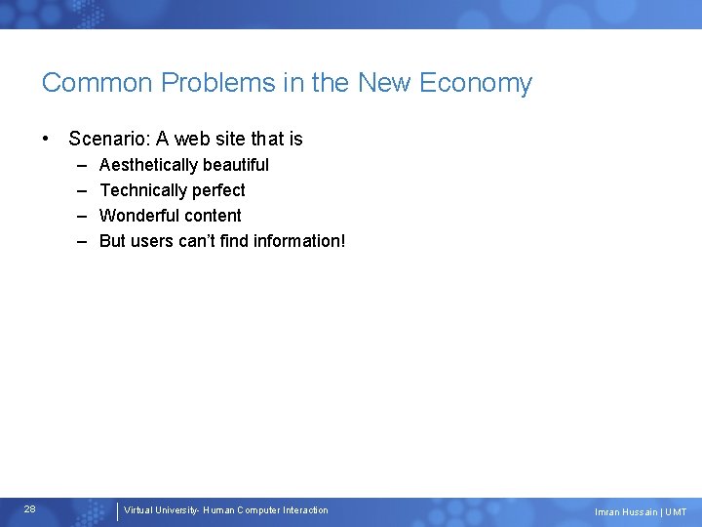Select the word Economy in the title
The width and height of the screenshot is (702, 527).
point(476,84)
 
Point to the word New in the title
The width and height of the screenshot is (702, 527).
point(384,83)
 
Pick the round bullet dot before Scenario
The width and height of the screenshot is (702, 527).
point(47,139)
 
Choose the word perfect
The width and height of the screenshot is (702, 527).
point(217,190)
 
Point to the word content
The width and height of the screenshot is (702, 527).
point(214,216)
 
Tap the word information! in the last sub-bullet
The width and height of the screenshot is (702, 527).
point(298,241)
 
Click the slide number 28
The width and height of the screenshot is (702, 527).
point(30,509)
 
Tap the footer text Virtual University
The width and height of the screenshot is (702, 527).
point(161,510)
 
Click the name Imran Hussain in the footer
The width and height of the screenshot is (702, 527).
point(626,512)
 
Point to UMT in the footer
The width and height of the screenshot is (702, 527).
point(676,512)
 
